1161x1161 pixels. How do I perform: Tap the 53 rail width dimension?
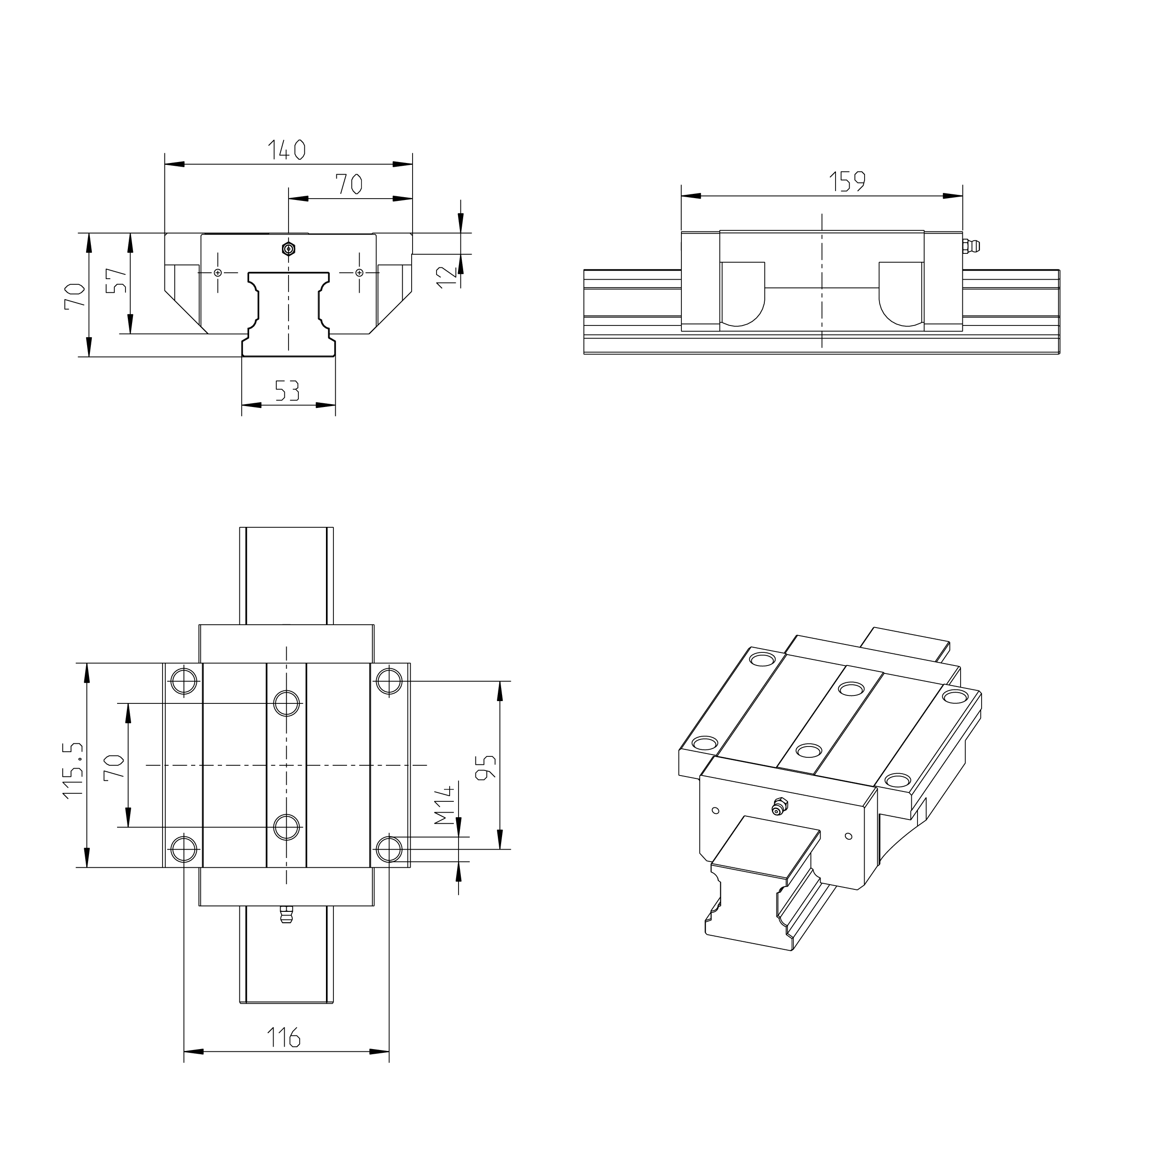click(287, 391)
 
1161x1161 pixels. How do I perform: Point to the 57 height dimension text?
click(116, 280)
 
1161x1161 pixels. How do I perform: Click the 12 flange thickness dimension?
click(446, 276)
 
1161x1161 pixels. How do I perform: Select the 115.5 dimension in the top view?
click(72, 770)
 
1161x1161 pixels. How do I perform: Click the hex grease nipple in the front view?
click(289, 249)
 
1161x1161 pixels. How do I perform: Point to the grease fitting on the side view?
click(970, 246)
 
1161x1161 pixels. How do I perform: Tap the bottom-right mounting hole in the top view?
click(389, 849)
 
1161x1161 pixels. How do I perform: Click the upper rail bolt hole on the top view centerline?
click(287, 703)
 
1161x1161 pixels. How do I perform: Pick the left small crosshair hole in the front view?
click(217, 273)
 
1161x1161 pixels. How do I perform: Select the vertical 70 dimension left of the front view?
click(74, 296)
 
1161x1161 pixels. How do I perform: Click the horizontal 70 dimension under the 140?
click(348, 183)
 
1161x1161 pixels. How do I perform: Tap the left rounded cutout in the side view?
click(743, 293)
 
